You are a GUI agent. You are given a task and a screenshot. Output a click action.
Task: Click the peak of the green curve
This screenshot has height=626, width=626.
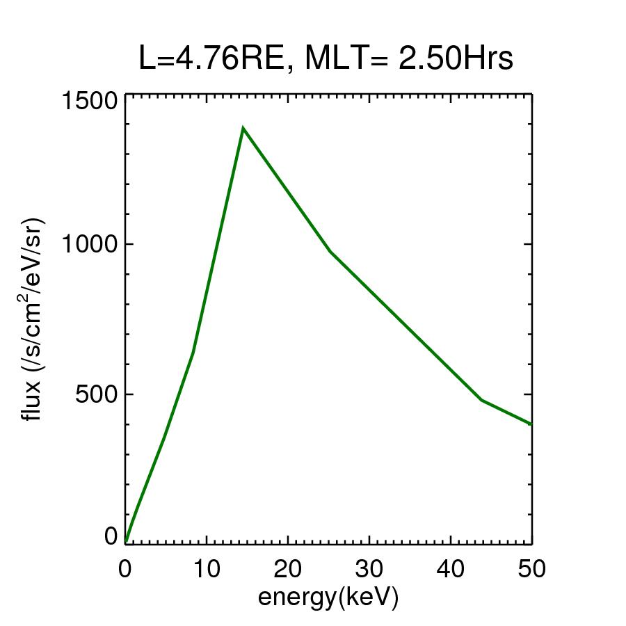pos(243,128)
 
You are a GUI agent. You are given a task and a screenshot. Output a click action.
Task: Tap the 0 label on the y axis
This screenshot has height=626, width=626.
pos(110,536)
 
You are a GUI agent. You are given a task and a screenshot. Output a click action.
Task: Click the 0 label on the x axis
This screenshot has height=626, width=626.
pos(125,568)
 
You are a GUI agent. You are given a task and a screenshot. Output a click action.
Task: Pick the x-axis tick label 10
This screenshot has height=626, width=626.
pos(207,568)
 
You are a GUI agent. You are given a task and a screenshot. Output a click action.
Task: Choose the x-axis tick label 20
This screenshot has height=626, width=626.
pos(288,568)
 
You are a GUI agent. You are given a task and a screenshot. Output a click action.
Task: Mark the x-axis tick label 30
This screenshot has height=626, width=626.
pos(369,568)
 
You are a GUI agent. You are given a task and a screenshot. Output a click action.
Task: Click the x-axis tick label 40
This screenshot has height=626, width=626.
pos(451,568)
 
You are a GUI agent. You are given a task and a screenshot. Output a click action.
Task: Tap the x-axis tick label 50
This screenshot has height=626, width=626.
pos(531,568)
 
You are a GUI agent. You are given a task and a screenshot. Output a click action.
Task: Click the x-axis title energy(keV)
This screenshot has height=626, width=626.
pos(328,597)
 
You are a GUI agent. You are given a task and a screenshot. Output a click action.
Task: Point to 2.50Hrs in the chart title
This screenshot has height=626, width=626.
pos(456,60)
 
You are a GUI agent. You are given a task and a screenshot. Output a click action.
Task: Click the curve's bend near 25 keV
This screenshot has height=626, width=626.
pos(330,251)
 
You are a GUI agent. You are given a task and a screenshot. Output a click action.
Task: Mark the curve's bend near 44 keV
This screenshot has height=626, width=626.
pos(481,400)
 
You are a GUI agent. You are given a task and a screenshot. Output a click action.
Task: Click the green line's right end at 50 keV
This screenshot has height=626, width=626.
pos(531,424)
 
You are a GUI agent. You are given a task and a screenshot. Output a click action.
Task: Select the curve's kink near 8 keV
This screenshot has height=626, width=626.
pos(193,352)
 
